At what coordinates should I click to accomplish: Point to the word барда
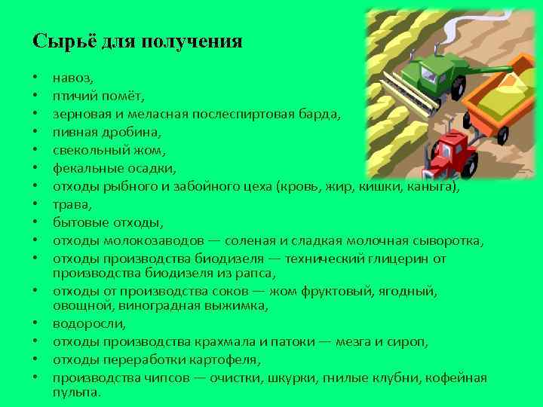click(x=320, y=114)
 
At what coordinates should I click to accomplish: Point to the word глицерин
click(x=403, y=259)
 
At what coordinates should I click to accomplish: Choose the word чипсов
click(x=157, y=378)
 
